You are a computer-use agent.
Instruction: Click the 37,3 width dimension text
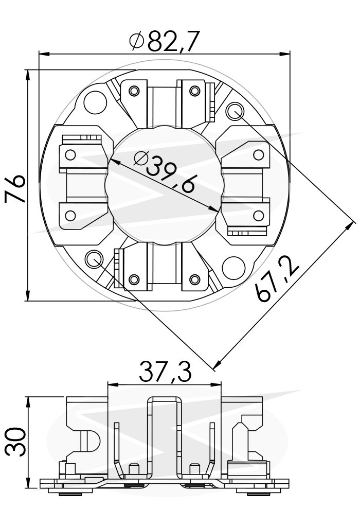[165, 372]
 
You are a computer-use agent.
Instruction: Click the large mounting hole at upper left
[95, 102]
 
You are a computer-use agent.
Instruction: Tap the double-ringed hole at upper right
[235, 111]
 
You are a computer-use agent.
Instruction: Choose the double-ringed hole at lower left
[94, 259]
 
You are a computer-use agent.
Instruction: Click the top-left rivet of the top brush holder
[134, 91]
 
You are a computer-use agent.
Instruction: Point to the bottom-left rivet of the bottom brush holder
[134, 279]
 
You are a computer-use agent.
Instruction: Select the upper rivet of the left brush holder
[70, 154]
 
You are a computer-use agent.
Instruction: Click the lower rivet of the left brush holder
[70, 216]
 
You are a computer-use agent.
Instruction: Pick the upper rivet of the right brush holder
[259, 154]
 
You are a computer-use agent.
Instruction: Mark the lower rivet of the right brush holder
[259, 216]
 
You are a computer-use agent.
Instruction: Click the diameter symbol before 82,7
[137, 41]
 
